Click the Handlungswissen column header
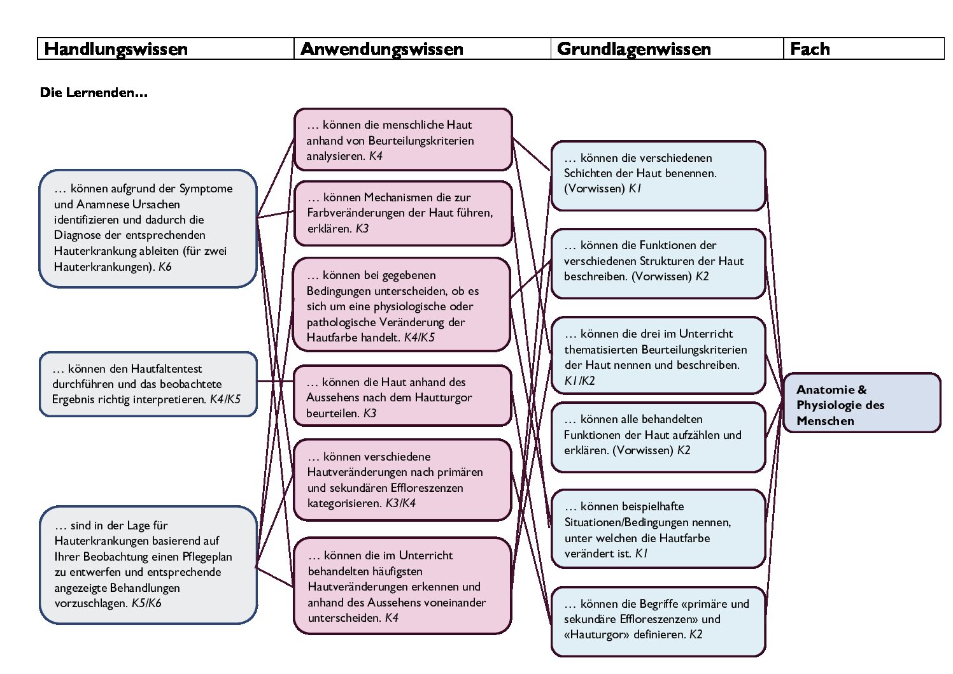pos(166,48)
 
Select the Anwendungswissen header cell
pos(422,48)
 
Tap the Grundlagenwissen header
pos(667,48)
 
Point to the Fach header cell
pos(863,48)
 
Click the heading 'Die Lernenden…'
pos(94,92)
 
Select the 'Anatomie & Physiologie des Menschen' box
pos(861,403)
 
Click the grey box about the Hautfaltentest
pos(148,384)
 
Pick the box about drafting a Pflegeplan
pos(148,564)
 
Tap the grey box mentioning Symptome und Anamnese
pos(148,228)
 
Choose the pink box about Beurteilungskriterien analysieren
pos(403,140)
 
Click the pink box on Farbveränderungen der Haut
pos(403,213)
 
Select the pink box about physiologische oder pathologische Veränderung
pos(402,305)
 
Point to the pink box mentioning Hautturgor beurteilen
pos(402,396)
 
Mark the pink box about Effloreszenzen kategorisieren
pos(402,480)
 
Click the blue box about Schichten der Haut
pos(658,176)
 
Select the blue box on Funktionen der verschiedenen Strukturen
pos(658,264)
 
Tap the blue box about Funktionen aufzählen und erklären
pos(658,437)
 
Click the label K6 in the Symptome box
pos(165,267)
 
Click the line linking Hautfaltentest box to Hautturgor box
pos(275,381)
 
